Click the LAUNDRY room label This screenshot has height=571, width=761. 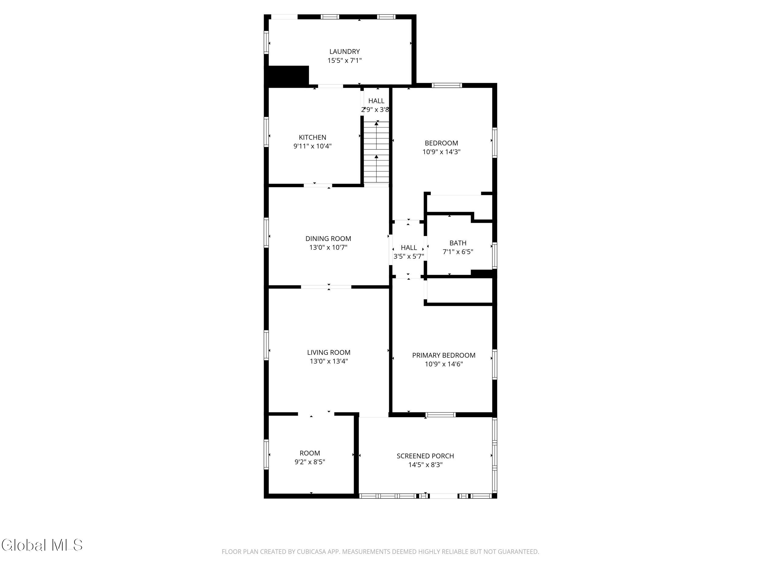344,52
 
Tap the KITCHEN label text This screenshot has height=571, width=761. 312,137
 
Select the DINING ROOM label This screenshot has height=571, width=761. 328,238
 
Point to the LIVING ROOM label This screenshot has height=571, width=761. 328,352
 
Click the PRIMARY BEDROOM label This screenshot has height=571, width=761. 444,355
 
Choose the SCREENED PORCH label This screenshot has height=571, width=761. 425,456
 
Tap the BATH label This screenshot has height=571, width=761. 458,243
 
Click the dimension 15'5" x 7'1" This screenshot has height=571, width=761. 344,61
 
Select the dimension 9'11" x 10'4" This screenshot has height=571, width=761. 312,146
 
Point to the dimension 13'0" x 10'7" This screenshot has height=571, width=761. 328,247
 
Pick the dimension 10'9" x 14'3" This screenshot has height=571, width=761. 441,152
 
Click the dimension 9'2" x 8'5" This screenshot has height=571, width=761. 310,462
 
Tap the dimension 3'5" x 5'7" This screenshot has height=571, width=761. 409,256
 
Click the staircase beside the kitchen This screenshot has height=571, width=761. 376,152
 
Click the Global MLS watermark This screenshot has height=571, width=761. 42,545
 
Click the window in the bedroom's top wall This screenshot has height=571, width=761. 447,85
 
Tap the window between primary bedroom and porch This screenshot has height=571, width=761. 441,415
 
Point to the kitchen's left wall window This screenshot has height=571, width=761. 266,132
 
